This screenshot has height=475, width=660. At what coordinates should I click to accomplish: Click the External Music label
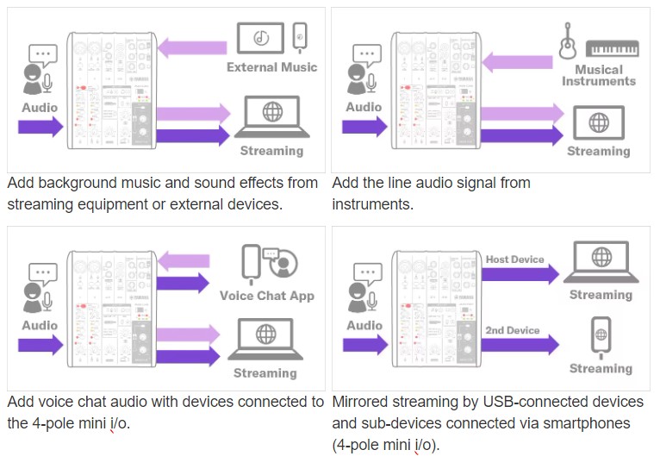[272, 67]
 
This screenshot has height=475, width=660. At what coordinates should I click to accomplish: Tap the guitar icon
[568, 41]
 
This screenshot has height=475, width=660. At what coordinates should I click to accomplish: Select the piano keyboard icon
[613, 48]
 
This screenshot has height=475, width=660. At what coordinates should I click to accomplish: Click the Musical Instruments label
[599, 75]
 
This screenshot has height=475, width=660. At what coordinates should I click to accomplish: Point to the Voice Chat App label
[267, 296]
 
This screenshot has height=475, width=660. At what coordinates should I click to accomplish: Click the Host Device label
[514, 259]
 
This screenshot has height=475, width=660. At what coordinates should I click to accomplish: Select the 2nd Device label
[513, 330]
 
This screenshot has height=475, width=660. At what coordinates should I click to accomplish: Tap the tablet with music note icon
[260, 38]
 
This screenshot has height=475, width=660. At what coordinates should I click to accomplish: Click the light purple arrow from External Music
[192, 47]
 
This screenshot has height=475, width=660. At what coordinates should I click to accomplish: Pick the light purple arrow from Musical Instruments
[517, 62]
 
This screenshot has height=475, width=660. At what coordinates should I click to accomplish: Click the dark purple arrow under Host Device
[520, 274]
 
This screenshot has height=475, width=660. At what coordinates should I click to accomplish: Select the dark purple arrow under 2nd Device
[520, 345]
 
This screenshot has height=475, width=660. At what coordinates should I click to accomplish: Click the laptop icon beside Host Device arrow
[601, 262]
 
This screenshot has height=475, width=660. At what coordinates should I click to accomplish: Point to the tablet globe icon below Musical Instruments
[599, 122]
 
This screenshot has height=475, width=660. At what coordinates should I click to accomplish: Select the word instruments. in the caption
[372, 204]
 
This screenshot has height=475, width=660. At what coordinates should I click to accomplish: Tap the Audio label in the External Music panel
[40, 108]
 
